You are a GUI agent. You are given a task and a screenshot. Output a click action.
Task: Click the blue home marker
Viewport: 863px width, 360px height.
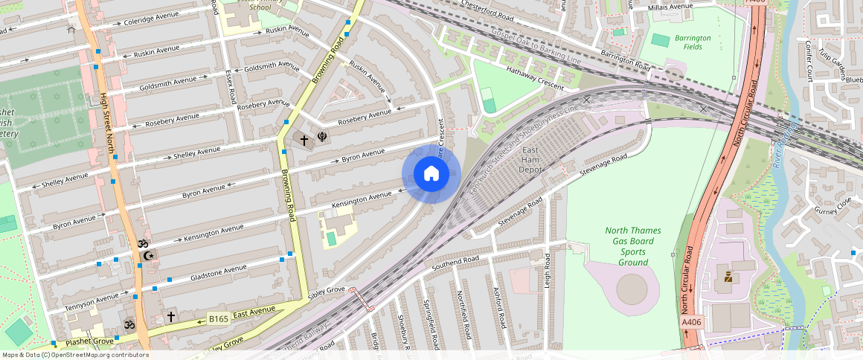[x=431, y=174]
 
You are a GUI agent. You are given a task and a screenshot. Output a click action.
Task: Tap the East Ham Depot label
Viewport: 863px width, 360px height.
[x=530, y=160]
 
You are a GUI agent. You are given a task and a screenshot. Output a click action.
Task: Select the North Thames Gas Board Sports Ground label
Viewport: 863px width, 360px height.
[x=629, y=246]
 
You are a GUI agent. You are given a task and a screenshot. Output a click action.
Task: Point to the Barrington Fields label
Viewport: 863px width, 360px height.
[x=693, y=42]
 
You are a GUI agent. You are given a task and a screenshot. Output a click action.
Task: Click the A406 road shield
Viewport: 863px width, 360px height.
[x=691, y=323]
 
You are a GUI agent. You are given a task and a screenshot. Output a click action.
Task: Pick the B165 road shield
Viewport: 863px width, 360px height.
[x=218, y=319]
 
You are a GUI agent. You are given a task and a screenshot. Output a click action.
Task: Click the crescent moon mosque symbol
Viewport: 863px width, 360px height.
[x=149, y=256]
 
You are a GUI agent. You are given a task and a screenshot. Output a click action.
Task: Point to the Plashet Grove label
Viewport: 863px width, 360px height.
[x=89, y=341]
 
